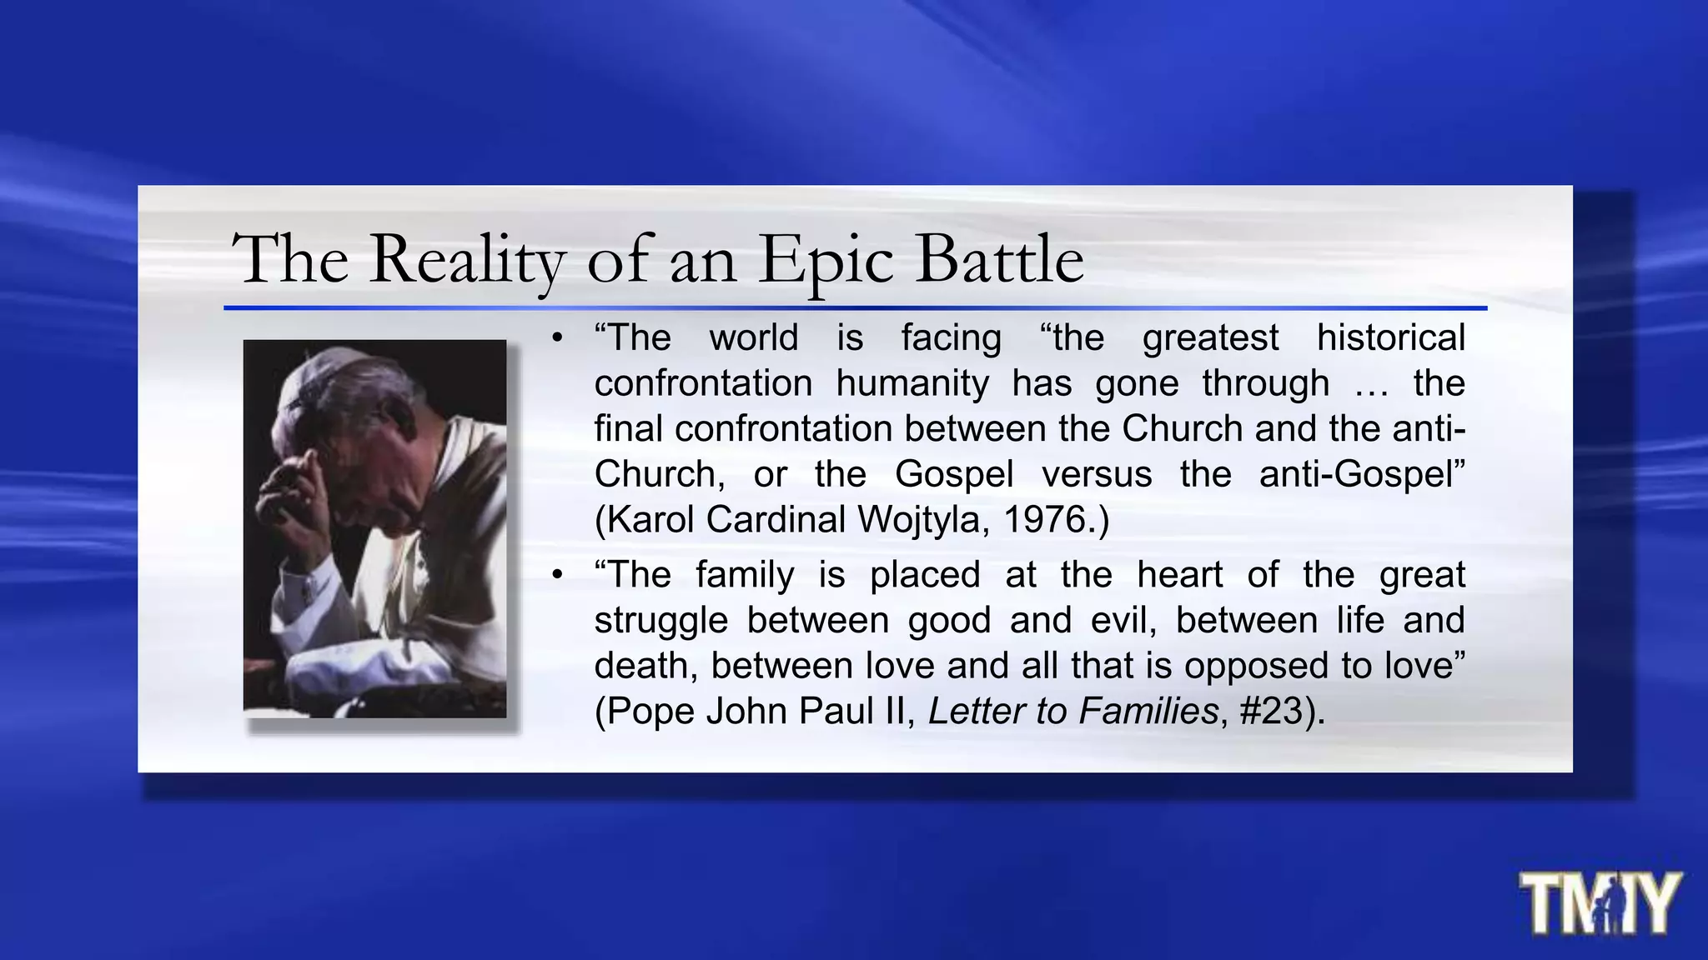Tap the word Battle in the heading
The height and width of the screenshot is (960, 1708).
(999, 259)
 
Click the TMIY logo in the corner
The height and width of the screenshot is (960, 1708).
(1599, 902)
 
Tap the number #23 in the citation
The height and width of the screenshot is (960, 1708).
(1272, 711)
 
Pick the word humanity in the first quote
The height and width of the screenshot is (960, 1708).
(912, 383)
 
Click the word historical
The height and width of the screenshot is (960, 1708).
(1390, 338)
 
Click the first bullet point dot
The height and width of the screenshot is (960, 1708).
(557, 338)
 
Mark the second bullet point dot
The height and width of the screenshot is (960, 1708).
(557, 575)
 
